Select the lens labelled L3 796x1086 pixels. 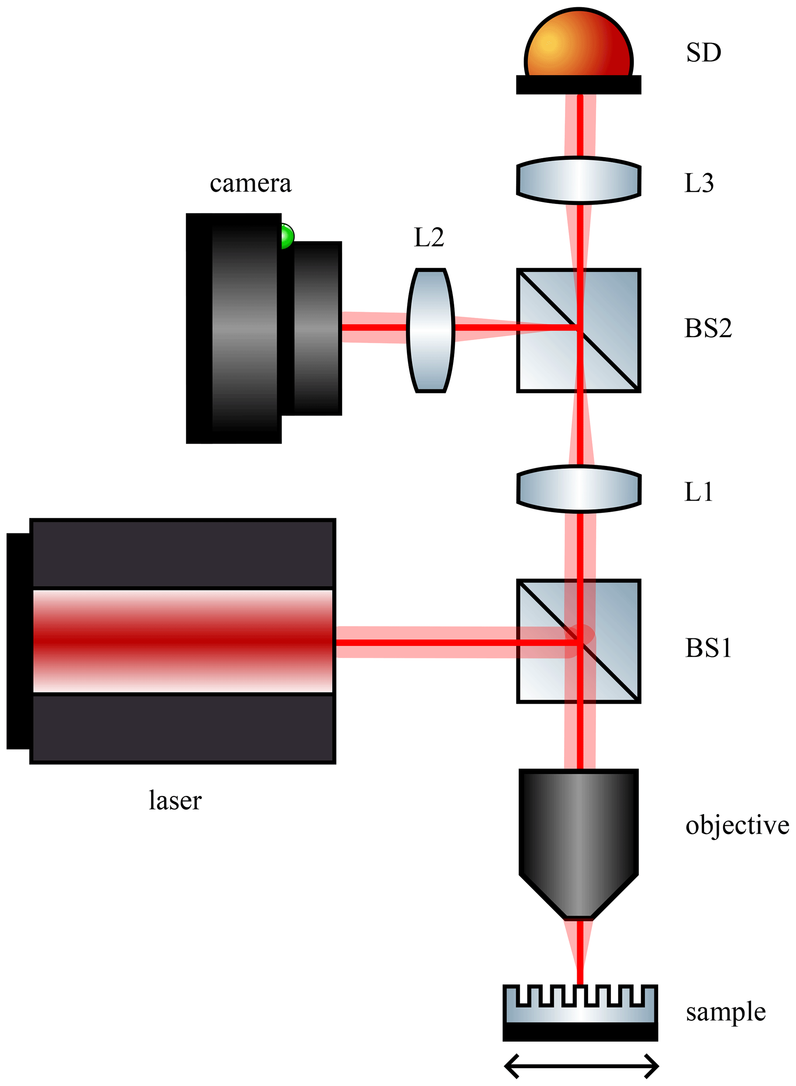click(578, 180)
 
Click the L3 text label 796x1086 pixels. click(699, 183)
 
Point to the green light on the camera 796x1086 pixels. click(287, 236)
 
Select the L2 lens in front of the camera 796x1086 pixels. click(430, 330)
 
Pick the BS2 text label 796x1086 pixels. click(708, 328)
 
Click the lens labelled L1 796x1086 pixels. click(578, 488)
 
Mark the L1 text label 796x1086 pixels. click(698, 492)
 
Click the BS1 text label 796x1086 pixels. click(708, 648)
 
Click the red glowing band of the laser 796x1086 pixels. click(183, 641)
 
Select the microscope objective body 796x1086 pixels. click(578, 839)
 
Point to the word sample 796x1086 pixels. click(725, 1012)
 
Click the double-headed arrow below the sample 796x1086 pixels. click(581, 1066)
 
